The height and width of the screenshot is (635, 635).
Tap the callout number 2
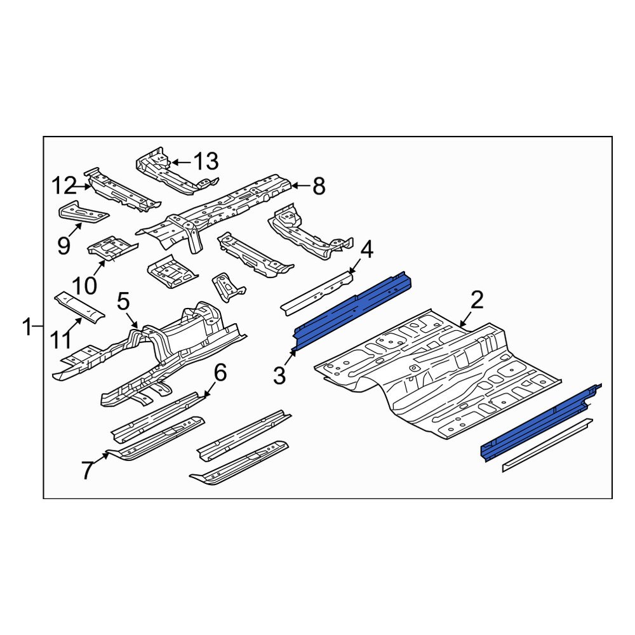pos(478,300)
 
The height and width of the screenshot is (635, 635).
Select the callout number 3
pos(280,375)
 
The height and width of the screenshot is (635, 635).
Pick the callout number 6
pos(220,373)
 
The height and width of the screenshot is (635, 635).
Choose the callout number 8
pos(318,186)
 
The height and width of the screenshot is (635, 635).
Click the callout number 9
pos(63,245)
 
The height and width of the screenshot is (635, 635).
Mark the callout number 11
pos(61,340)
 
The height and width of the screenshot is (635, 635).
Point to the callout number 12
pos(64,187)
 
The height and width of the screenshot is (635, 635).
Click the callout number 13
pos(205,162)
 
